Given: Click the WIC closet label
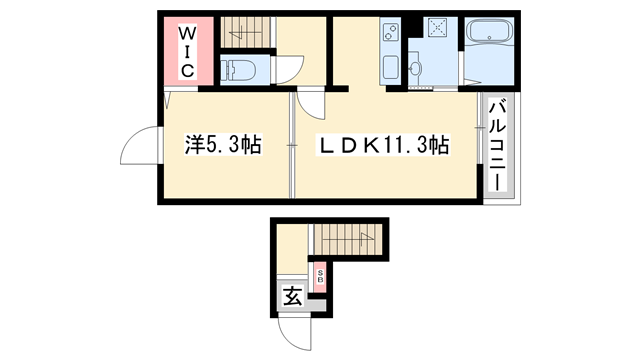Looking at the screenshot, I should [187, 50].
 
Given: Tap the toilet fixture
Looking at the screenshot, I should [237, 70].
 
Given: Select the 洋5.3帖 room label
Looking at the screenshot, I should [222, 146].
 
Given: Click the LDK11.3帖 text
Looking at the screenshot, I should [382, 146].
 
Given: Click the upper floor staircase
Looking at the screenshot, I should [248, 32].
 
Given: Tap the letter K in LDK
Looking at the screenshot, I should [370, 146].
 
